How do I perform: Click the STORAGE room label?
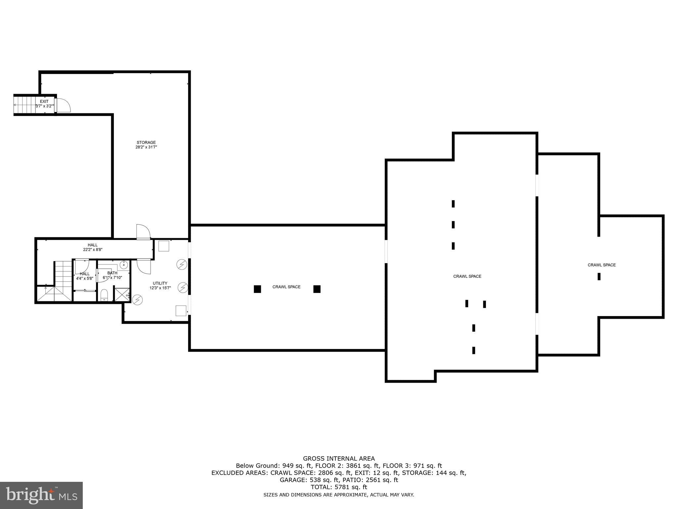146,142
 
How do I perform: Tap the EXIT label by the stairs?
44,101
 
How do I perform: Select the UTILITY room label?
160,283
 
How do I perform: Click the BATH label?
112,273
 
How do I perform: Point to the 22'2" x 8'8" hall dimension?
93,250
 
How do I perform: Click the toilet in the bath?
104,295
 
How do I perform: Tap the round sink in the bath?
123,264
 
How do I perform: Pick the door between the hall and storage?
143,231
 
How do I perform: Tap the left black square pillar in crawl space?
257,289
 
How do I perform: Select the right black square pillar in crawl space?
317,289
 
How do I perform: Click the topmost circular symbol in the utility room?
182,264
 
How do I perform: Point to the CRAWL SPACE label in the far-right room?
602,265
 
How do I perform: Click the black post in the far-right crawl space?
599,276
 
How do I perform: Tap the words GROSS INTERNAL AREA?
339,459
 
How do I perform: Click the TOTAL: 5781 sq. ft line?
339,487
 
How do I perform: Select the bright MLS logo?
41,495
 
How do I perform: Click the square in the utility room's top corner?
164,246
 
